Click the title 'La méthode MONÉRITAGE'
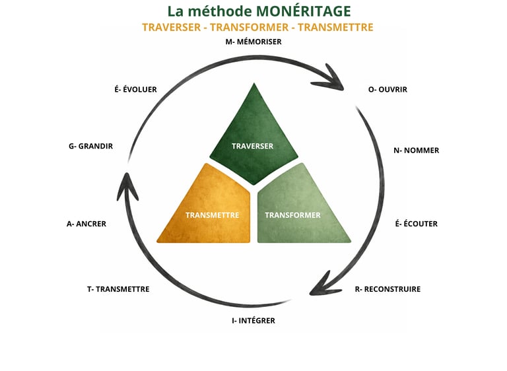tap(258, 11)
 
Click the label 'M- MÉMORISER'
tap(253, 42)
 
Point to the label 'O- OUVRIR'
tap(388, 89)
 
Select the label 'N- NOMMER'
tap(416, 151)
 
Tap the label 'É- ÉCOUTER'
tap(416, 224)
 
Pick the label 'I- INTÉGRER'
tap(253, 321)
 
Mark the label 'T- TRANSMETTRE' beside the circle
tap(118, 289)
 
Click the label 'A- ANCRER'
tap(86, 224)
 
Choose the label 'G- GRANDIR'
tap(90, 146)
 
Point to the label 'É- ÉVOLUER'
tap(135, 89)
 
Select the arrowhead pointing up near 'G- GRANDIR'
tap(127, 187)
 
